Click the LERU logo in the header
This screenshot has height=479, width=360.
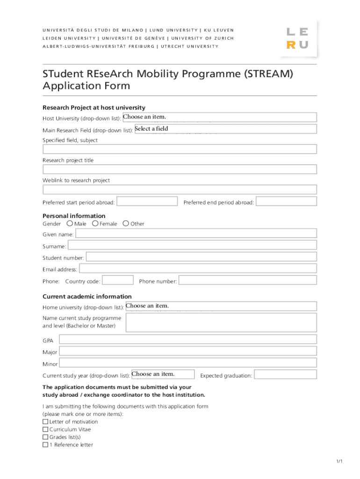pos(297,38)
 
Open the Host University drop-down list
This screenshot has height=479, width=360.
pos(219,117)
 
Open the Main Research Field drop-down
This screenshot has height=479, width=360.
pos(225,129)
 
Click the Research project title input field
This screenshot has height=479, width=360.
pos(180,169)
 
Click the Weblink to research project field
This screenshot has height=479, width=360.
pos(180,189)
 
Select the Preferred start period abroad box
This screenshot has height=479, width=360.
pos(147,202)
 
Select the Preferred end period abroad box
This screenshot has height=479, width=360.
pos(286,202)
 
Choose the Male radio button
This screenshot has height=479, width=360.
pos(70,224)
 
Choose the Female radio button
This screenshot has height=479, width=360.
pos(95,224)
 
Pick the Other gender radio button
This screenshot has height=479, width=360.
pos(126,224)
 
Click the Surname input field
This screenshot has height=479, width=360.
pos(192,245)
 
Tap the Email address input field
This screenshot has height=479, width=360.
pos(198,269)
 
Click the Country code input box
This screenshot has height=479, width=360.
pos(117,280)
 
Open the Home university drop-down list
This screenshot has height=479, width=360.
pos(221,306)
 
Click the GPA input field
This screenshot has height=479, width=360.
pos(187,340)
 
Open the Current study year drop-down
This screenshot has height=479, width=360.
pos(163,374)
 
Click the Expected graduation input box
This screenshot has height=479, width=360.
pos(285,375)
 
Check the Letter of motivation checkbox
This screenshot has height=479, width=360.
pos(45,422)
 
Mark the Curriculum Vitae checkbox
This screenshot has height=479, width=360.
pos(45,429)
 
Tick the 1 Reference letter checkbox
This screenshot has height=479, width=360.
pos(45,445)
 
